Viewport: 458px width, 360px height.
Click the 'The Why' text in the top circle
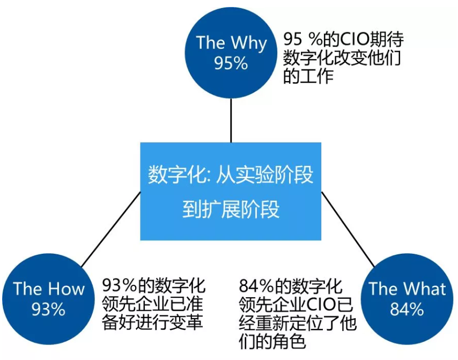coord(231,43)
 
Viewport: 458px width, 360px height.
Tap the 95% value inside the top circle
coord(231,63)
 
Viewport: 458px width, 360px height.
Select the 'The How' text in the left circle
coord(48,289)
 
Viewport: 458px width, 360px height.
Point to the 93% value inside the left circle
coord(48,309)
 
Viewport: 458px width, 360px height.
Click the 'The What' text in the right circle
coord(407,289)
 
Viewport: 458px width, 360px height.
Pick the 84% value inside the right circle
coord(407,309)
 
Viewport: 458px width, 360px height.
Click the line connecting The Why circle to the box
coord(231,120)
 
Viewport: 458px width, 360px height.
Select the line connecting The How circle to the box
coord(111,230)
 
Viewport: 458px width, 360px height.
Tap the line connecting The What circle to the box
coord(348,230)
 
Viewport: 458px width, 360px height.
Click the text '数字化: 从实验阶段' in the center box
coord(231,174)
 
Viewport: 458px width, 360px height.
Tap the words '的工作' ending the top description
coord(308,76)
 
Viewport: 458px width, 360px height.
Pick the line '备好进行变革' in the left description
coord(152,322)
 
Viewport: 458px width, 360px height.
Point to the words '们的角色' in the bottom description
coord(272,341)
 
